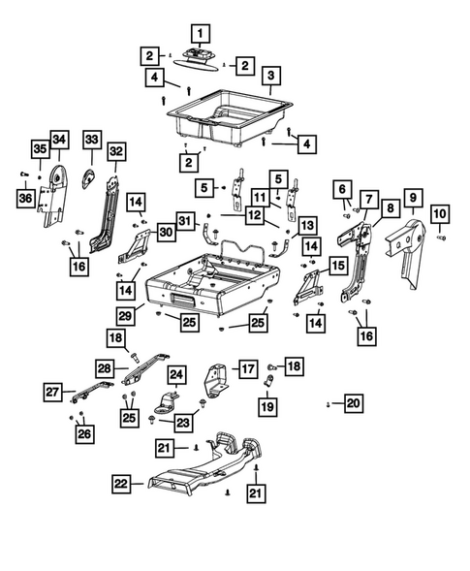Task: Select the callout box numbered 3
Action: coord(271,76)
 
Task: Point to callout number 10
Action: coord(439,212)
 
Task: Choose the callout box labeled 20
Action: coord(353,402)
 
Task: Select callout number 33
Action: coord(91,142)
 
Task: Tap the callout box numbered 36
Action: coord(23,197)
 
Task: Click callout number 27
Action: coord(51,392)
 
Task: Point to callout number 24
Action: coord(176,373)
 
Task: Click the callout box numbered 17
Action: coord(249,368)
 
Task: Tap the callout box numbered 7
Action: coord(368,200)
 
